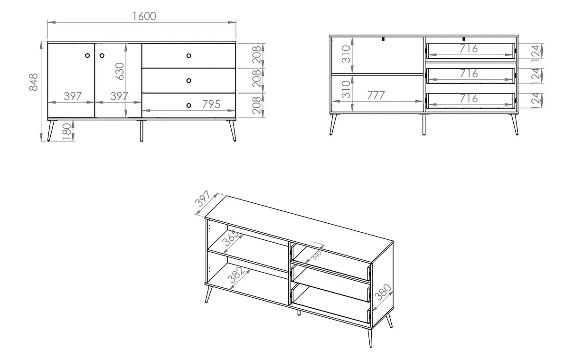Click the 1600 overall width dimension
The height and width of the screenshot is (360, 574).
[144, 17]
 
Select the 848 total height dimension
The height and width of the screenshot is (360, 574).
[34, 82]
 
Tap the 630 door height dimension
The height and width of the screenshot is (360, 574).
[120, 71]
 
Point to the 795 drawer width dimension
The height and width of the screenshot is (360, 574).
[211, 104]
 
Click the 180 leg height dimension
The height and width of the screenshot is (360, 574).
[66, 132]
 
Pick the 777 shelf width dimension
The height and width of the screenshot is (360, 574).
[376, 95]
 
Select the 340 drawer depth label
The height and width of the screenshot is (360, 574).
[317, 256]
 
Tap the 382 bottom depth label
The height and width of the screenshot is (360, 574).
[236, 275]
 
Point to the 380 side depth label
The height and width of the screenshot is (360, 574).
[383, 292]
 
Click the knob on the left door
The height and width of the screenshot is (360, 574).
[87, 56]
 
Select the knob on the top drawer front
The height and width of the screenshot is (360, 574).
[189, 56]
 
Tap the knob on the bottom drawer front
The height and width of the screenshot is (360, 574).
[189, 105]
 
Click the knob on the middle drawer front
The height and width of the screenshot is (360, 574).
[189, 81]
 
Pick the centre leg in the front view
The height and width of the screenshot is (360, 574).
[141, 130]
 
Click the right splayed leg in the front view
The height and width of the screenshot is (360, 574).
[233, 130]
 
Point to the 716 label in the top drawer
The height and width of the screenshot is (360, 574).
[469, 48]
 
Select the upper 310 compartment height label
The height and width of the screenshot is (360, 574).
[346, 54]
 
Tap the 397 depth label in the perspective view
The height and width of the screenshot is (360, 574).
[203, 199]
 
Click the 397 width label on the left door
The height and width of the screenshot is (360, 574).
[73, 96]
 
